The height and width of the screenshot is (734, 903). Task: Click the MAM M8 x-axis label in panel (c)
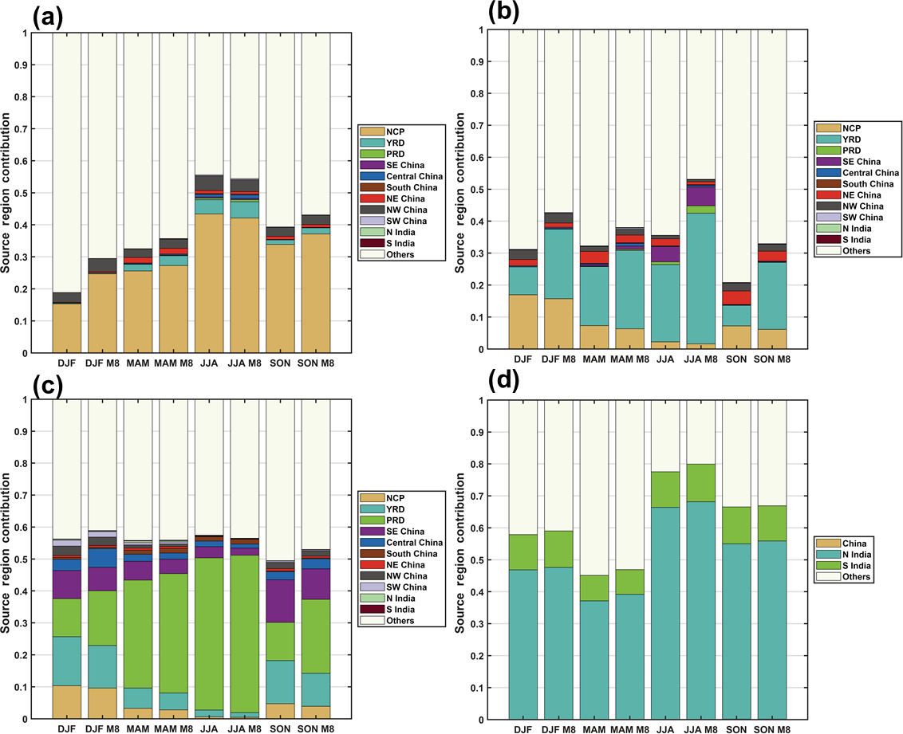pyautogui.click(x=175, y=729)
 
